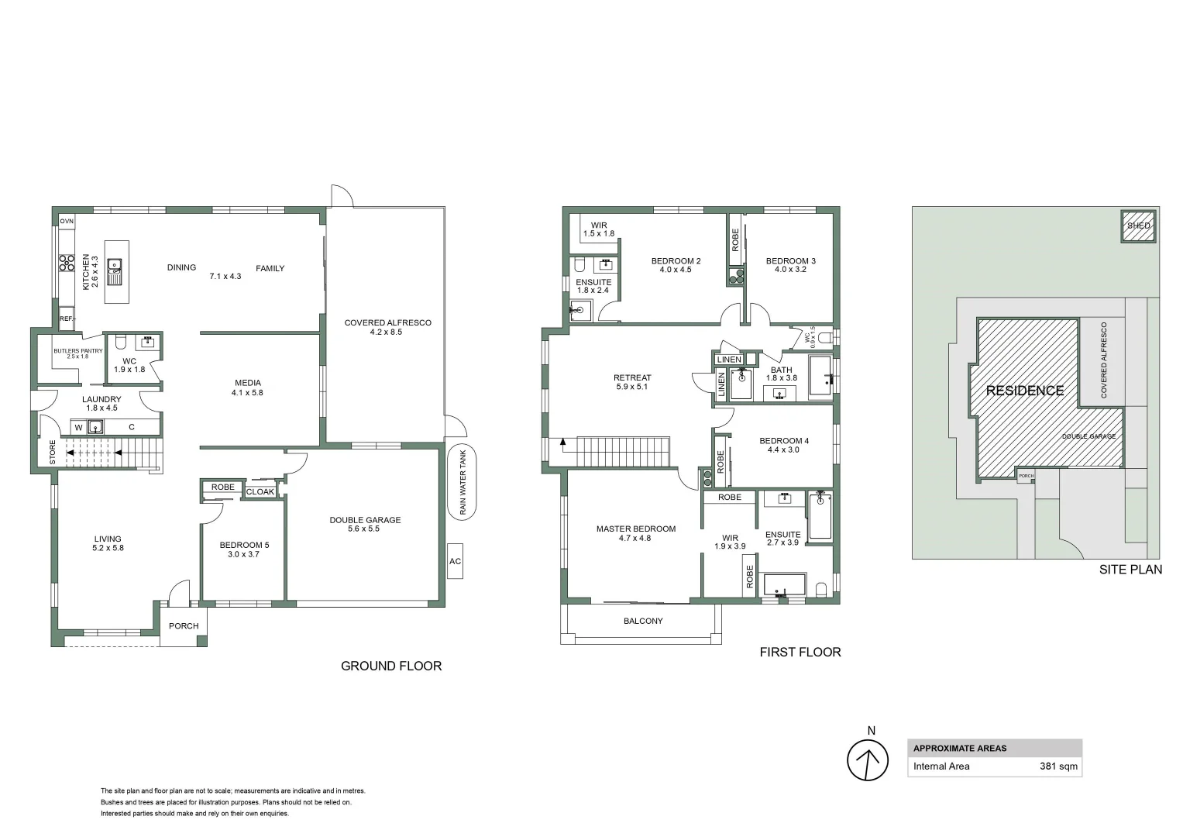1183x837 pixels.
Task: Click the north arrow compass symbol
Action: [867, 760]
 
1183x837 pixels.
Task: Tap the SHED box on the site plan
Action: [1138, 226]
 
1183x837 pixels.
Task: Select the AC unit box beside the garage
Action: [455, 561]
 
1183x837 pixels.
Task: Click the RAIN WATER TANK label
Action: [463, 483]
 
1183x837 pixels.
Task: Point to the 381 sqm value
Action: [1057, 766]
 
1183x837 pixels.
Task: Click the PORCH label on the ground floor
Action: [184, 626]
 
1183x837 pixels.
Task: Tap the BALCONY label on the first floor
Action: [643, 621]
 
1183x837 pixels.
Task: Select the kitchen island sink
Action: [115, 268]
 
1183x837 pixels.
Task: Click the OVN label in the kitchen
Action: [67, 222]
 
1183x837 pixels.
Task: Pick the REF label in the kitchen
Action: [67, 319]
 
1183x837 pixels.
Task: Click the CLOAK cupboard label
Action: [260, 492]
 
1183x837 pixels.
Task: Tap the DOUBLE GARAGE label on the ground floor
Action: [365, 520]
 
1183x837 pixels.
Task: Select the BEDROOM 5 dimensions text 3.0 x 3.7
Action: [243, 554]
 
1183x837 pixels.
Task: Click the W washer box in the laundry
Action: [78, 427]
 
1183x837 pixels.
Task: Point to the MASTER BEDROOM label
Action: [635, 529]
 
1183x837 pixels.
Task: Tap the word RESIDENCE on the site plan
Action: [1024, 391]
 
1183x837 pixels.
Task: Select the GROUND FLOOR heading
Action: [390, 666]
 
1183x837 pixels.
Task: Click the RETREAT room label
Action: [632, 377]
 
